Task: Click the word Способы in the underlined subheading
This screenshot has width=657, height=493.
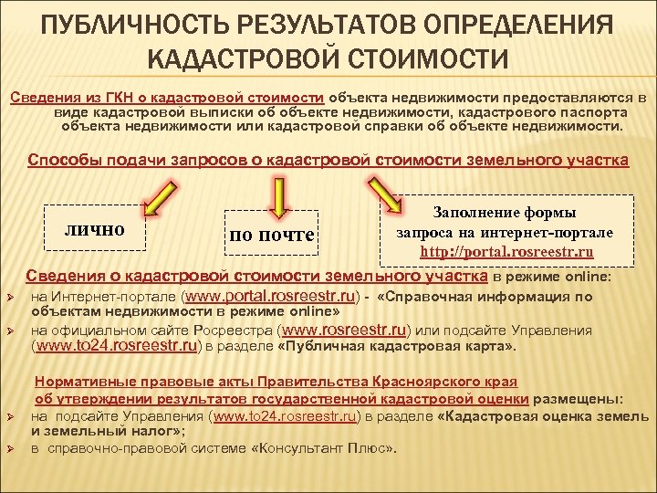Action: [x=64, y=161]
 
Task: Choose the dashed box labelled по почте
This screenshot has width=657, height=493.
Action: [x=272, y=235]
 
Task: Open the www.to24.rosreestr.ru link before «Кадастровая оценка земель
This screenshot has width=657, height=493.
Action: [x=283, y=415]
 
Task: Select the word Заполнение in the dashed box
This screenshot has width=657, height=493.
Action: [x=472, y=213]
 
